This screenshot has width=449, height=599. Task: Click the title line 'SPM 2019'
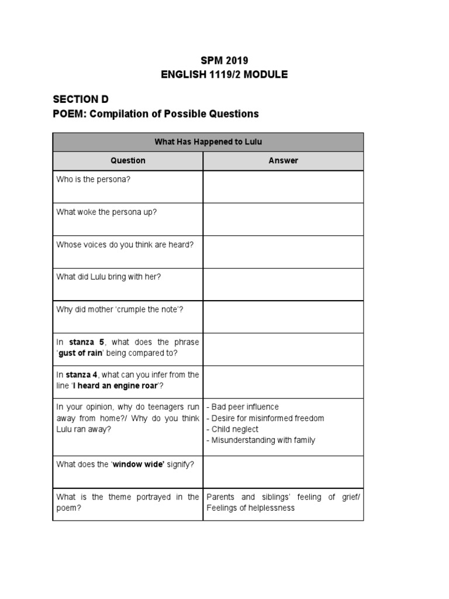225,61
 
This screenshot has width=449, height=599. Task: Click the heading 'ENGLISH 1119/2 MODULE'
225,75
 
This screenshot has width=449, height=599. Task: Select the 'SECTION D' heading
81,99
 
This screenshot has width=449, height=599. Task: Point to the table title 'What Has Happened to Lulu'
208,142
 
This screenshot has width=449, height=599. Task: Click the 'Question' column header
128,160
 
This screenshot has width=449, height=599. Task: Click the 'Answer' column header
283,160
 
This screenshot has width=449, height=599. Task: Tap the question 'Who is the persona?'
94,180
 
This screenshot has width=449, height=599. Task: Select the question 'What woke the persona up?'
106,212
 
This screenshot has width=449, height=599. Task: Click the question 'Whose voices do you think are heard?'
125,245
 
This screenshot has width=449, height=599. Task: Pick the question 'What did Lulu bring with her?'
109,277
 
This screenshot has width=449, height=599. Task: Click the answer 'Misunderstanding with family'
263,440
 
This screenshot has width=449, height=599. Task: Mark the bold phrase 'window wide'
139,464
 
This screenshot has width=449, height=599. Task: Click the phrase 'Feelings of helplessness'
250,508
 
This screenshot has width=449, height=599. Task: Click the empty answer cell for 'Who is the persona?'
283,187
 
